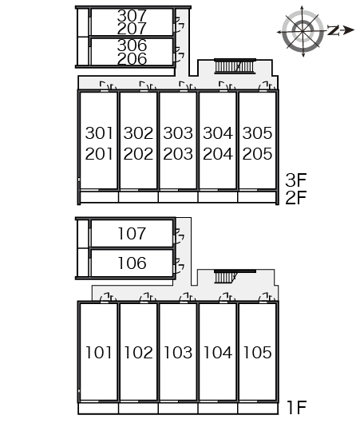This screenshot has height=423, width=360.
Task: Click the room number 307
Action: [x=132, y=16]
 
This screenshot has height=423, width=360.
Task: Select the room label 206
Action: [x=132, y=59]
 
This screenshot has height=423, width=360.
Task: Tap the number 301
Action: [x=99, y=133]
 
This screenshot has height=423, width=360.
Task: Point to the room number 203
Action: [x=178, y=154]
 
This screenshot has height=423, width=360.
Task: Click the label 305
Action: [x=257, y=133]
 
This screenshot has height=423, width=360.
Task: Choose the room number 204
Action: [x=217, y=154]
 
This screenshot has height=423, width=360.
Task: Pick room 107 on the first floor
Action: [x=132, y=234]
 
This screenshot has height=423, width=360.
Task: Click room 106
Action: [x=132, y=263]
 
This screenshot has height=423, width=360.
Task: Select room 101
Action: [x=98, y=352]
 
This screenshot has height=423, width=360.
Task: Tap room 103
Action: [x=178, y=352]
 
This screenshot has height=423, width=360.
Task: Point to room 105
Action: [x=257, y=352]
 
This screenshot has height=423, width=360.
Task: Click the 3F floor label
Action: [x=296, y=180]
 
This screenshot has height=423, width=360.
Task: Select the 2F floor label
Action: [x=296, y=198]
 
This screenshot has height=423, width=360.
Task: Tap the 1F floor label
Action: [x=297, y=408]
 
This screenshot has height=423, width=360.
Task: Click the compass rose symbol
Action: [x=303, y=31]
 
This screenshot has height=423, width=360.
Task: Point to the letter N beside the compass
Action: [x=334, y=30]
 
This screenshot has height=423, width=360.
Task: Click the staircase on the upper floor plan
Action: [x=235, y=66]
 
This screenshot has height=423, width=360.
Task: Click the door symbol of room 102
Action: [x=148, y=298]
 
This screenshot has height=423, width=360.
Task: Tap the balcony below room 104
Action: [x=218, y=409]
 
